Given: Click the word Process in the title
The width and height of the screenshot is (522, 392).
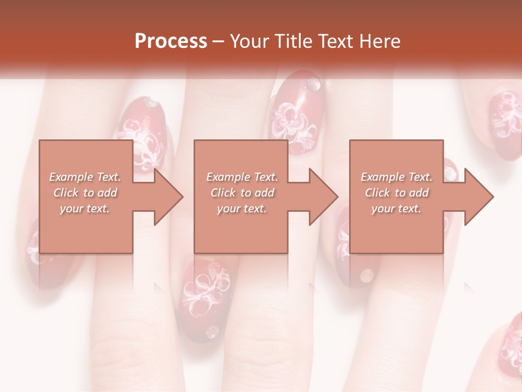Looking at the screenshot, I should (171, 41).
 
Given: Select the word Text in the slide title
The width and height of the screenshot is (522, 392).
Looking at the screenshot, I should (335, 41).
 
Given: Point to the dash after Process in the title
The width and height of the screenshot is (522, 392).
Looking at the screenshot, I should (219, 41).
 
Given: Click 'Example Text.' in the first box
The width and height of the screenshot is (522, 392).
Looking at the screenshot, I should (85, 177).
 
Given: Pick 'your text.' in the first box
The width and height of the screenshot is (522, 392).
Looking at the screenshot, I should (85, 209).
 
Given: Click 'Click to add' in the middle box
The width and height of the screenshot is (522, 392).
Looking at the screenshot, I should (242, 193).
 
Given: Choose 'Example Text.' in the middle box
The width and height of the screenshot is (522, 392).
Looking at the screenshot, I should (242, 177).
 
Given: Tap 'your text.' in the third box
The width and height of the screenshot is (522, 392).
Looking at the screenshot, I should (396, 209).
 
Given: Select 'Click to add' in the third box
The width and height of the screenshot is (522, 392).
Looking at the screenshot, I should (396, 193).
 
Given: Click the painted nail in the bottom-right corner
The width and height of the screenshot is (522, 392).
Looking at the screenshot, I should (508, 348).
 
